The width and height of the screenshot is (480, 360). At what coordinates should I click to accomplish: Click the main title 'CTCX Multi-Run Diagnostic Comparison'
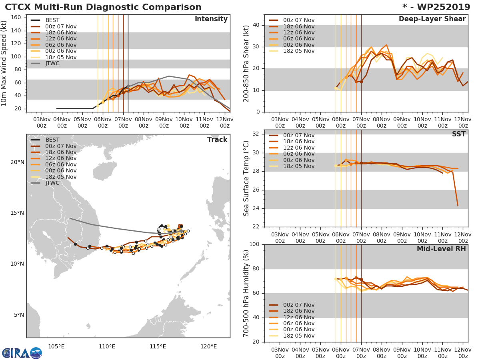pos(103,7)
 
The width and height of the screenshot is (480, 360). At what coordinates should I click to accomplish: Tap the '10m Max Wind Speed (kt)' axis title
pos(4,63)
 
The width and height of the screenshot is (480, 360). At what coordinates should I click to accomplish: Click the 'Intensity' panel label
pos(211,19)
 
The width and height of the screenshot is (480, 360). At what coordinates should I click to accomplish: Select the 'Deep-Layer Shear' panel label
pos(432,19)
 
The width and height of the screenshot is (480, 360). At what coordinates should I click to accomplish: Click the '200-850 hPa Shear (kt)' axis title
pos(246,63)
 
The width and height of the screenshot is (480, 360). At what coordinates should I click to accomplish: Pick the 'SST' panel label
pos(459,134)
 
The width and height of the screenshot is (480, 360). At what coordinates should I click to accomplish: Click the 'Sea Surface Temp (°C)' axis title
pos(246,178)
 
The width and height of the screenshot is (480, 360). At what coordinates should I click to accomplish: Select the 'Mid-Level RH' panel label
pos(441,249)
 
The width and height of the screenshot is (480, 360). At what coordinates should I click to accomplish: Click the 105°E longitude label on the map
pos(56,346)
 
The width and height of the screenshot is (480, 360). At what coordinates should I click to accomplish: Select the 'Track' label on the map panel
pos(217,140)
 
